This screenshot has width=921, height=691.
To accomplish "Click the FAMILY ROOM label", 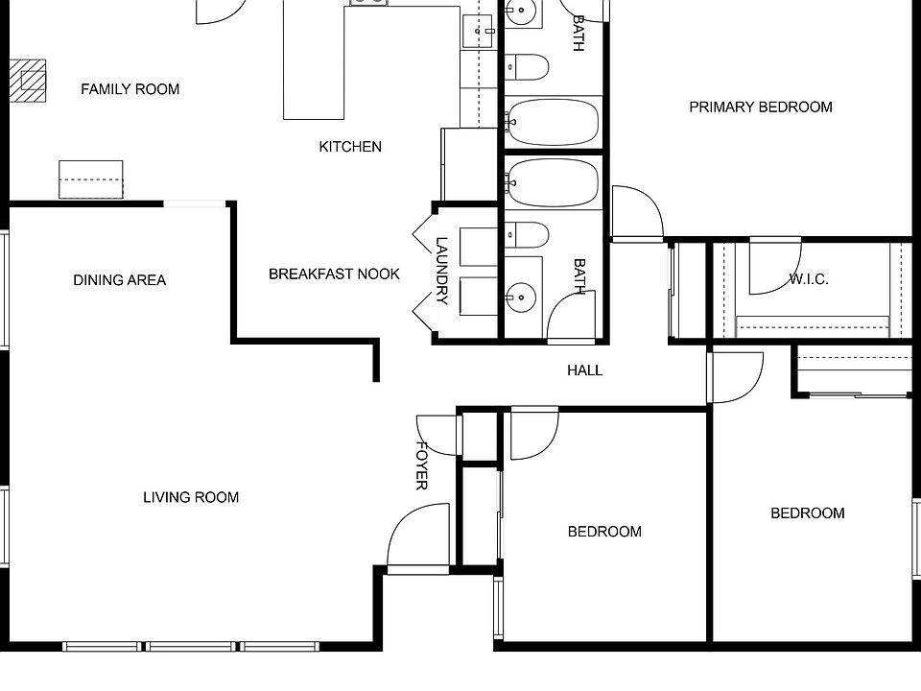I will point(130,89).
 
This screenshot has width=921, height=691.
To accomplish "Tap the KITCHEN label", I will point(350,147).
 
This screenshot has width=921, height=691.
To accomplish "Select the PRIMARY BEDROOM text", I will point(760,107).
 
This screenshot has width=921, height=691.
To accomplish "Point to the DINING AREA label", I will point(119,280).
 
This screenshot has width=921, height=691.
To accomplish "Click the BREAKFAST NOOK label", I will point(334,274).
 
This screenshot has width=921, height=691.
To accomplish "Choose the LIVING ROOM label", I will point(191,497).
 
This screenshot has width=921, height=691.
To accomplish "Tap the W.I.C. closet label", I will point(809,279).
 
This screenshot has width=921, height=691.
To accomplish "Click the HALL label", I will point(584,369).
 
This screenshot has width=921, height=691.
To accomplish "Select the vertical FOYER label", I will point(421,465).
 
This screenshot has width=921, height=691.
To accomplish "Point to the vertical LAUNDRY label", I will point(442,271).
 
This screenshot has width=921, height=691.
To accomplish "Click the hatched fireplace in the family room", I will point(29,80).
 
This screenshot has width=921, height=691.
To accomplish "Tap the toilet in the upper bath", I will point(529,67).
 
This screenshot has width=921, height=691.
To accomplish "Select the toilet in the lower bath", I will point(529,233).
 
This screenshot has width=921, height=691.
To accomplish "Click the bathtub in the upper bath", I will point(553,122).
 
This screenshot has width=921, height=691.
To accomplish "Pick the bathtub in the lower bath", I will point(553,182).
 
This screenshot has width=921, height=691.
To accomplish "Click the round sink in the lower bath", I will point(520,298).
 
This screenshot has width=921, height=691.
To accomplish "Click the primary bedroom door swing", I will point(636,213).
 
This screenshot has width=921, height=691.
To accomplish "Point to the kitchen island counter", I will point(314,62).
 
